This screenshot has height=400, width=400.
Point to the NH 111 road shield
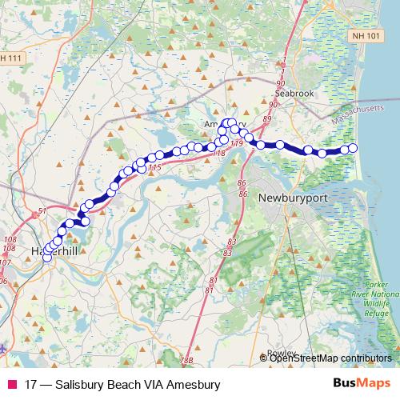pos(12,59)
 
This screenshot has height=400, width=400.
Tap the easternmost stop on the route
pos(353,148)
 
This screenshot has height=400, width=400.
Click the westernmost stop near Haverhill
pos(46,256)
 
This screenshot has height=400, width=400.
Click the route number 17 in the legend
pos(31,385)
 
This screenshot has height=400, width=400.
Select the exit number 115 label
pos(155,167)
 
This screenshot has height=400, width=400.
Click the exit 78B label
pos(186,361)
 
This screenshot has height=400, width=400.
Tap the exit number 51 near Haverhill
pos(42,212)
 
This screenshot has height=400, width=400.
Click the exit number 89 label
pos(267,118)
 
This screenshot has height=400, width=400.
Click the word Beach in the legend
pos(118,385)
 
